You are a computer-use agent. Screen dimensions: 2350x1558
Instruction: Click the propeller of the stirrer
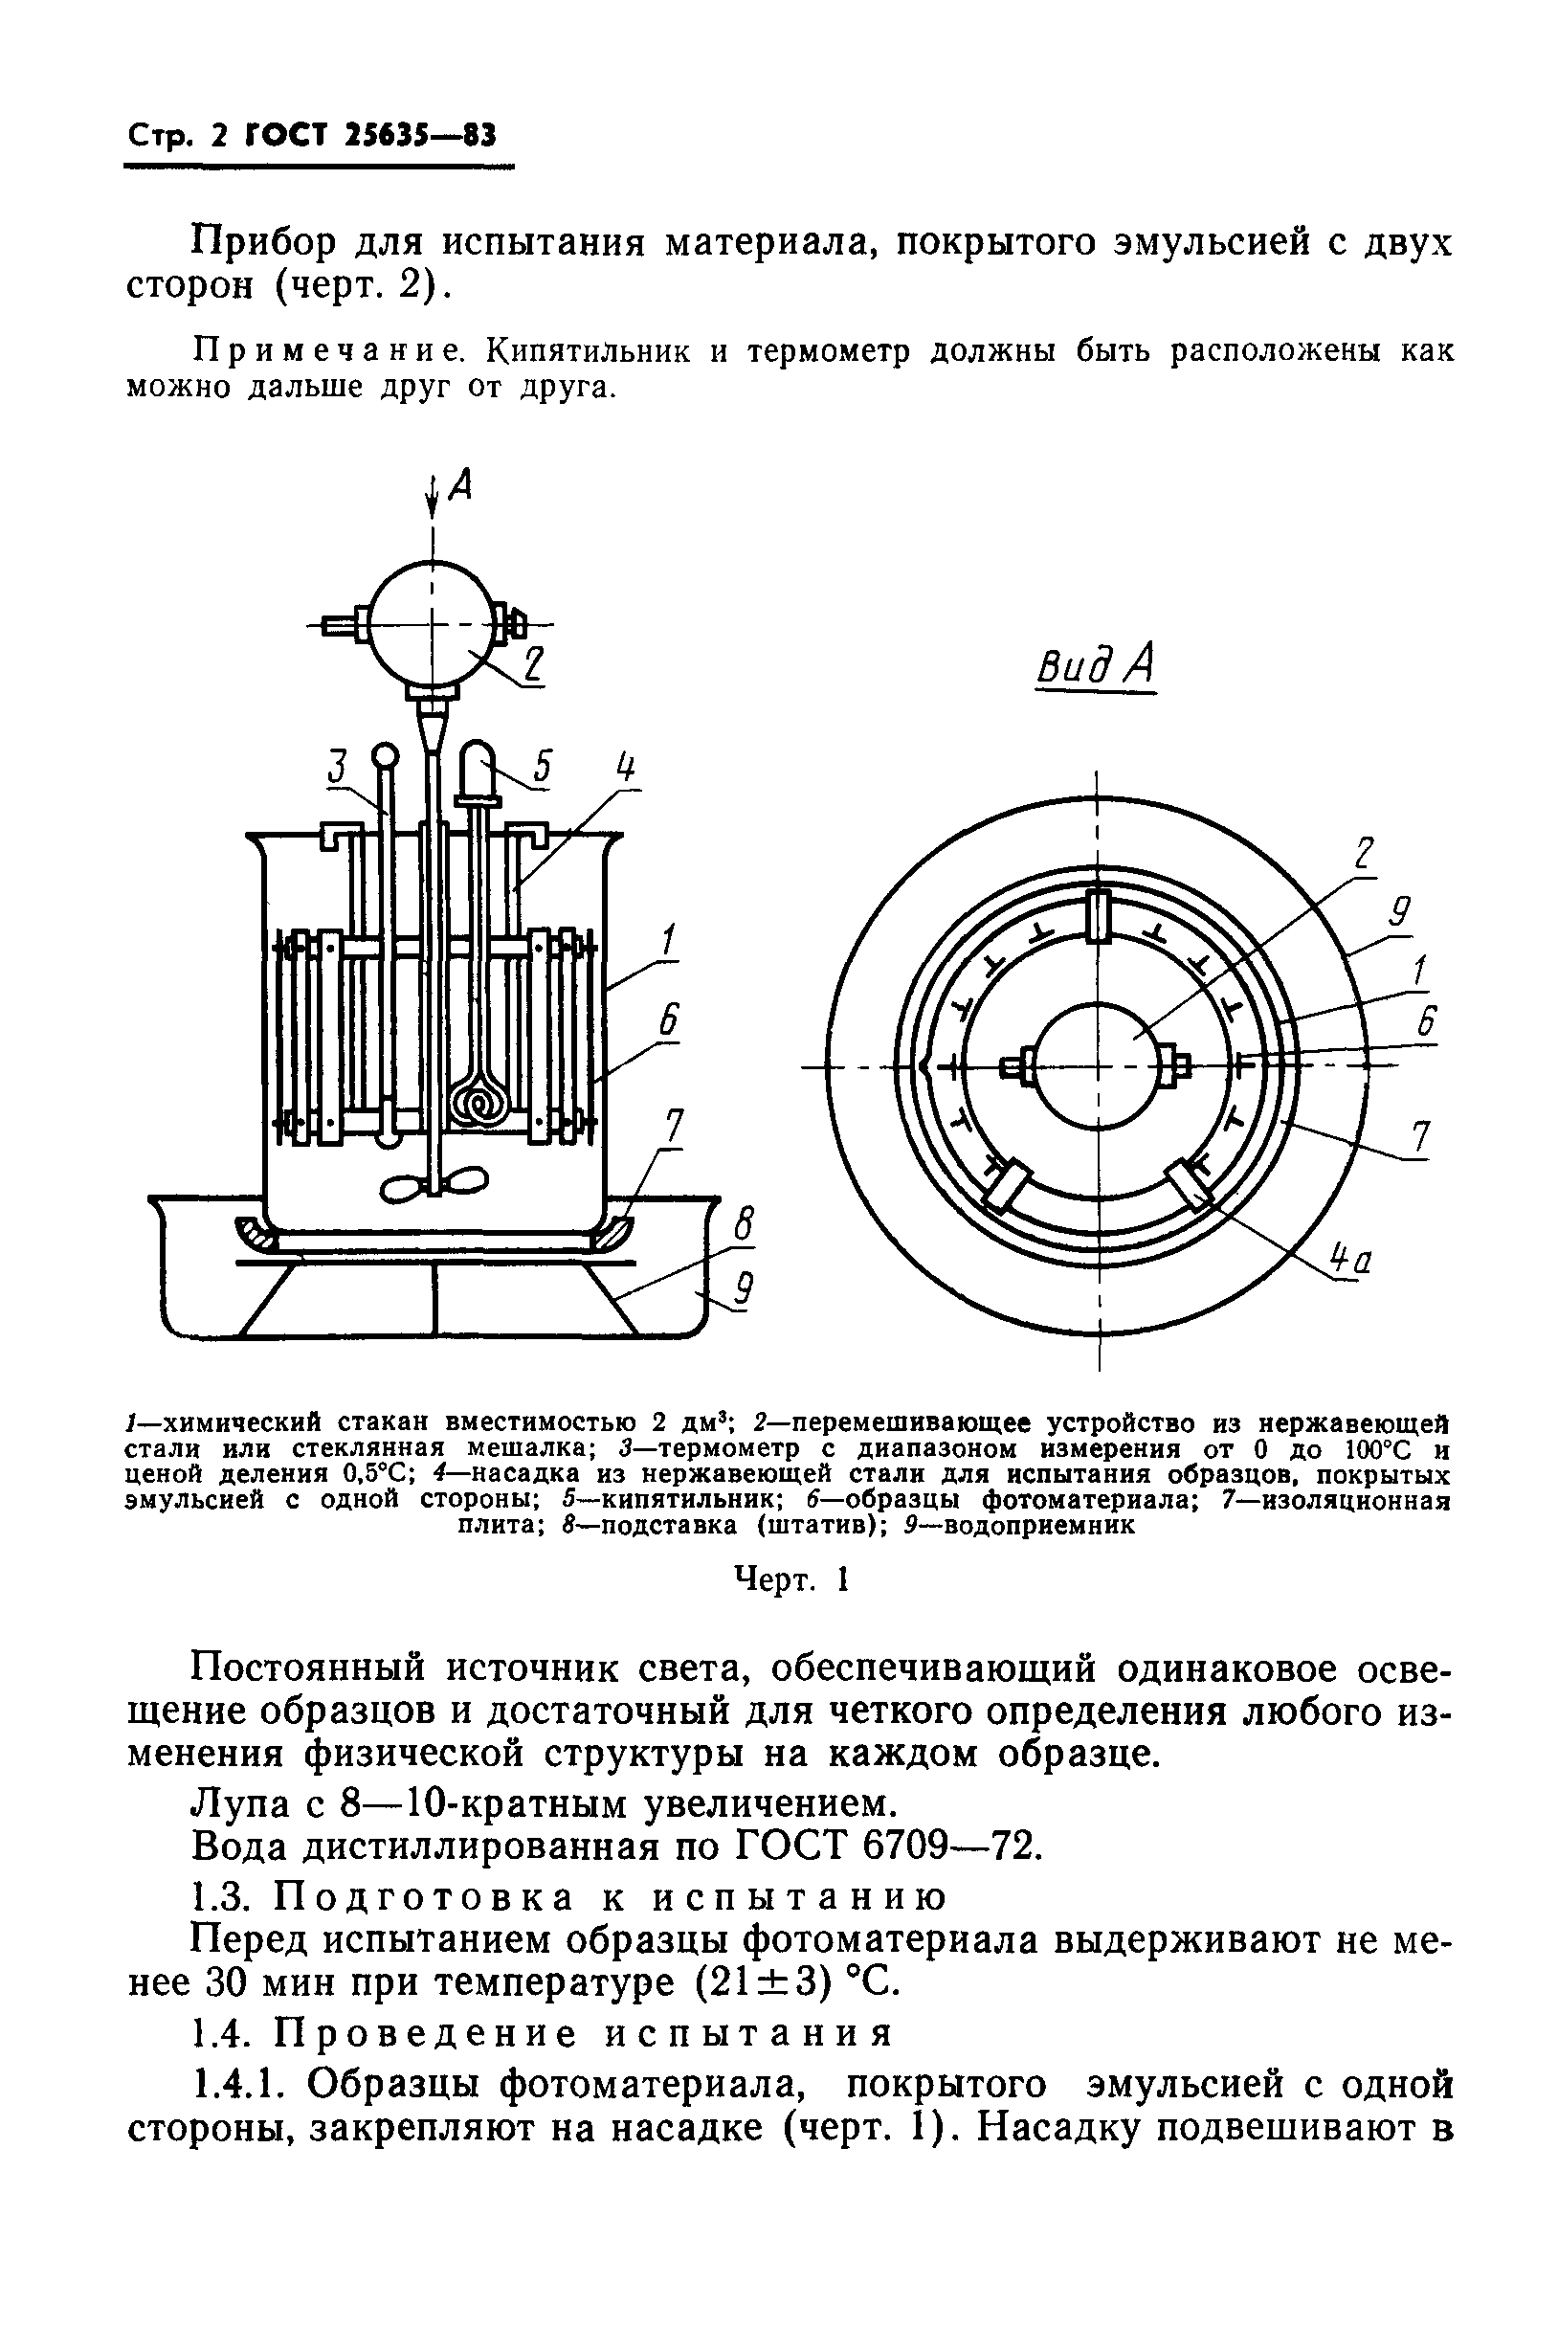[434, 1183]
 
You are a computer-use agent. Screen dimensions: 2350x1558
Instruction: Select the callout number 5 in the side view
[542, 766]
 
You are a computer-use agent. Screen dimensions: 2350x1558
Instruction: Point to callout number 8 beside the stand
[743, 1225]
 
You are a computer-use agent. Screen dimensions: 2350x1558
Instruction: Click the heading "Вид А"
[1096, 664]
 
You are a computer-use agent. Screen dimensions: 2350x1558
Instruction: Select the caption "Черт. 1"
[790, 1578]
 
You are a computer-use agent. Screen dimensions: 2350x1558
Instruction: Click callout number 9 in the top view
[1400, 911]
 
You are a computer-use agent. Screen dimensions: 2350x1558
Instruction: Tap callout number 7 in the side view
[674, 1127]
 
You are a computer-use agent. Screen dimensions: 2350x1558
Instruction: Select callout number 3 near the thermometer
[339, 766]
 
